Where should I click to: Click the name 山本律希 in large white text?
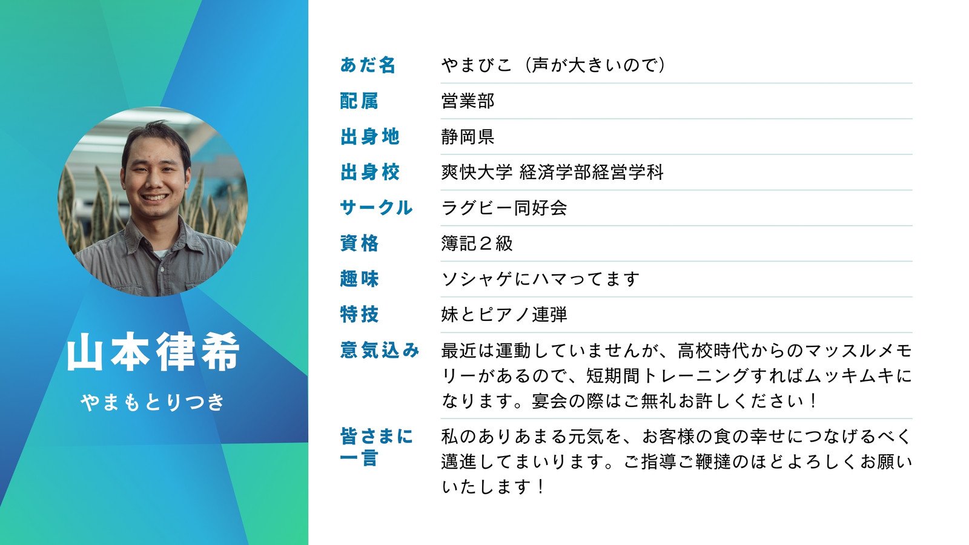[153, 352]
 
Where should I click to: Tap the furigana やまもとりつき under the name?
[153, 401]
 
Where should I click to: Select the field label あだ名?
[368, 65]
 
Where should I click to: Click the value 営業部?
[468, 101]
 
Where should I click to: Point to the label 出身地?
[369, 136]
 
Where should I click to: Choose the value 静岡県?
[468, 136]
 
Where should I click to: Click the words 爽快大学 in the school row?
[477, 172]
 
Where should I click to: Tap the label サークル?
[376, 208]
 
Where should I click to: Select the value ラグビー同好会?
[504, 208]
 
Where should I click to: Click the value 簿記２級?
[477, 243]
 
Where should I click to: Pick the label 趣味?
[359, 279]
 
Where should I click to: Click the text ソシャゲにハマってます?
[540, 279]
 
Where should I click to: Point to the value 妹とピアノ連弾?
[504, 314]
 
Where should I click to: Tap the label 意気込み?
[380, 350]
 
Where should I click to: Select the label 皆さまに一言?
[376, 447]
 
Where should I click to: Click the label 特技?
[359, 314]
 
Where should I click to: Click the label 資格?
[359, 243]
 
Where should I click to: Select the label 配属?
[359, 101]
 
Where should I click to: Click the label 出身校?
[369, 172]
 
